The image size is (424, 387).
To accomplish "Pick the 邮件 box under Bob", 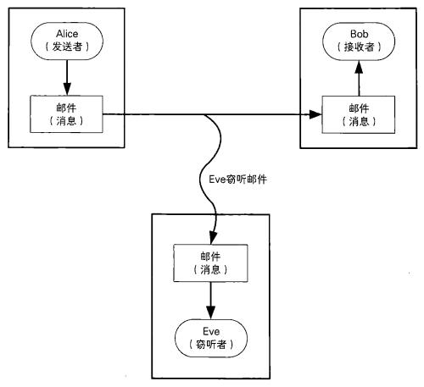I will (x=359, y=114).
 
